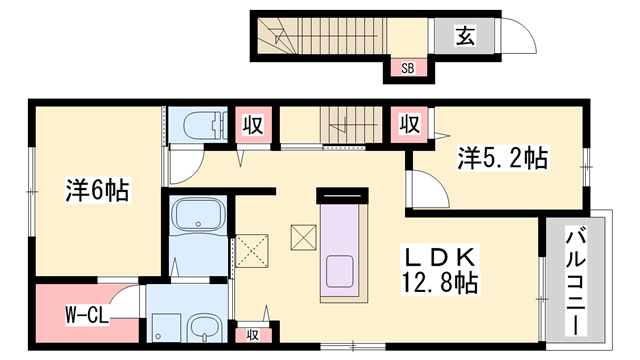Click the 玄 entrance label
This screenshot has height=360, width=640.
coord(466,37)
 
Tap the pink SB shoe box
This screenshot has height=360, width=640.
coord(408,68)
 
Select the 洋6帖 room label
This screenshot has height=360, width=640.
coord(98,190)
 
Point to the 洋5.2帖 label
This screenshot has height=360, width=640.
coord(503,157)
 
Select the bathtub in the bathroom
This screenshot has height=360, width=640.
coord(201,217)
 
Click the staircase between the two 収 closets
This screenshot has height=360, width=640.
coord(348,126)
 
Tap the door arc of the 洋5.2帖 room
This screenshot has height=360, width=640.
coord(420,188)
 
